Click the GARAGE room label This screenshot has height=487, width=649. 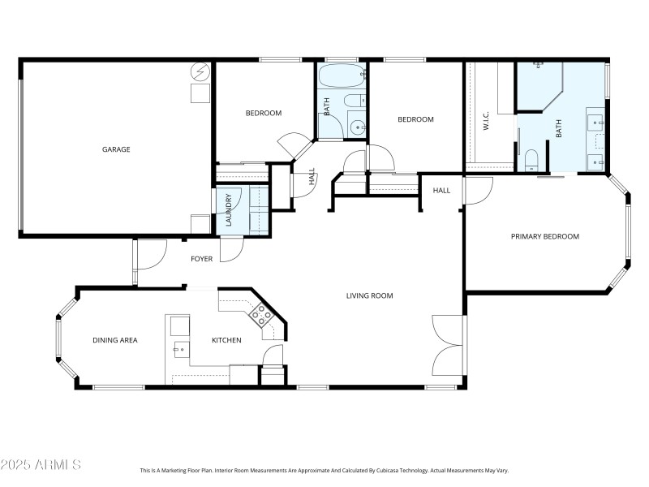116,149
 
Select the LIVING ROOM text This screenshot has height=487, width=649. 369,295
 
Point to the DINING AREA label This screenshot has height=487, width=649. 114,340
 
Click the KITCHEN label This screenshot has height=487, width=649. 226,340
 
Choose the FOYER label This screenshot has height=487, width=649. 201,259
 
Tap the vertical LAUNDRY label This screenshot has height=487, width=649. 230,209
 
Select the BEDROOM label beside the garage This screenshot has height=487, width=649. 263,113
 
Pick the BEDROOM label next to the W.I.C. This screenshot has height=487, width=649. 415,119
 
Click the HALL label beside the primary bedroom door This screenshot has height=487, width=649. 441,190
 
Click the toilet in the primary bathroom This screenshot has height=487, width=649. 530,160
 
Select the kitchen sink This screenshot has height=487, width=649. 178,349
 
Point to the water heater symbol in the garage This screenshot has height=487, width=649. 200,73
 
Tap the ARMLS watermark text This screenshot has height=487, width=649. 41,464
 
